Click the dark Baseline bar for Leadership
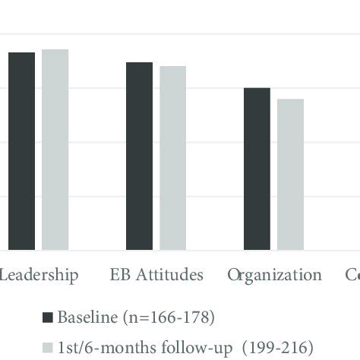pyautogui.click(x=22, y=151)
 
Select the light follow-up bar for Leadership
pyautogui.click(x=55, y=150)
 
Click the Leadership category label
pyautogui.click(x=38, y=275)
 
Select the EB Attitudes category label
pyautogui.click(x=156, y=275)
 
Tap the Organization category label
pyautogui.click(x=274, y=275)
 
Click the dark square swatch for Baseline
pyautogui.click(x=48, y=317)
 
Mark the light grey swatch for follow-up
pyautogui.click(x=48, y=348)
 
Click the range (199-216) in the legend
pyautogui.click(x=264, y=348)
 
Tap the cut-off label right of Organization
pyautogui.click(x=352, y=275)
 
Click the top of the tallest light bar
pyautogui.click(x=55, y=50)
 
